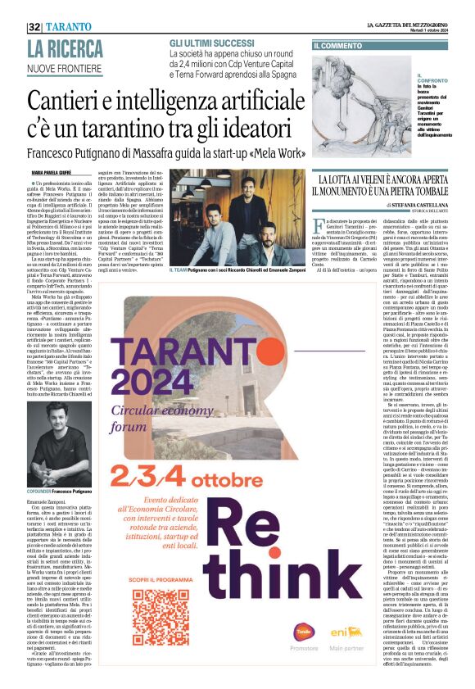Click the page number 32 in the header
coord(34,27)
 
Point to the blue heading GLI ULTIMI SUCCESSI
coord(212,42)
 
